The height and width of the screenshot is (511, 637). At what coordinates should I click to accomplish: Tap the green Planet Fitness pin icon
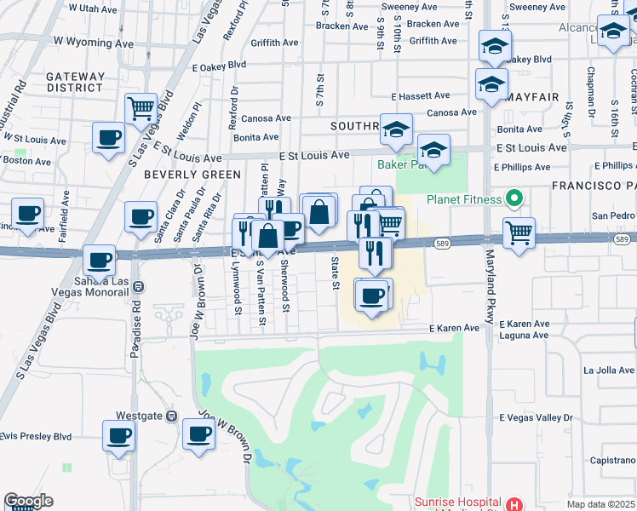[x=514, y=201]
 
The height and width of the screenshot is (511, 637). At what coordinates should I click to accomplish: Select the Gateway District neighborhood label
[x=76, y=82]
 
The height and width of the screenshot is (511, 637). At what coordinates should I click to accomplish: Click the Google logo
[x=28, y=501]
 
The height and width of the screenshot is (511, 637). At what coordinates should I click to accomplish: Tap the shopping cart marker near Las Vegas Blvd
[x=141, y=109]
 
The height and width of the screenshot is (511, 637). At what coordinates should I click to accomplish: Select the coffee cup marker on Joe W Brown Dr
[x=198, y=434]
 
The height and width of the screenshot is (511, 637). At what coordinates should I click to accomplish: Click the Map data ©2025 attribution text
[x=600, y=504]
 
